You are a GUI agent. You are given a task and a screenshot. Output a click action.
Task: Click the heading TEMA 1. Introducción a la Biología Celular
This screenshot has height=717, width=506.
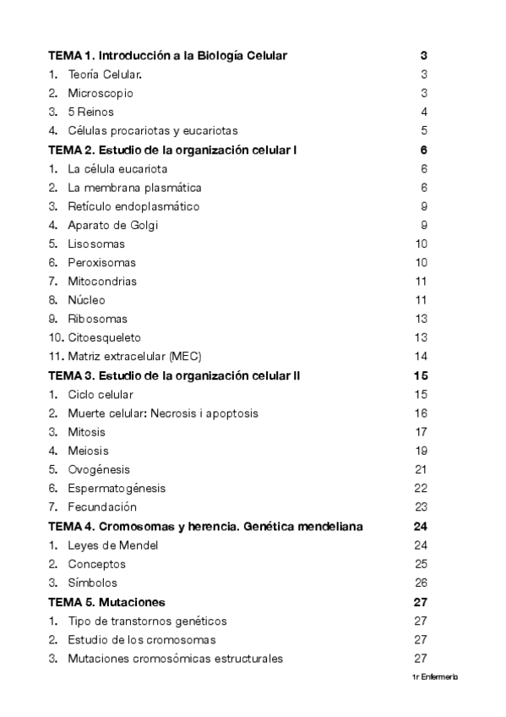(x=167, y=56)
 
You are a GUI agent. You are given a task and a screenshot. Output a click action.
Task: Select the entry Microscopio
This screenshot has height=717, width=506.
(x=101, y=93)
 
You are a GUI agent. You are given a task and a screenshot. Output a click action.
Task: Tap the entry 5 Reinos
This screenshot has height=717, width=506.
(x=91, y=112)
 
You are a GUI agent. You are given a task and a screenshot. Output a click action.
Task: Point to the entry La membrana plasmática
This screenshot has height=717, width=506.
(x=134, y=188)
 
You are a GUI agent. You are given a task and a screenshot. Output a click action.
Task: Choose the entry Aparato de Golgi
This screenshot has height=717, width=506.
(x=113, y=225)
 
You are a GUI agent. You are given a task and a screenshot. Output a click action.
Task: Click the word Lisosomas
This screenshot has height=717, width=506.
(x=96, y=244)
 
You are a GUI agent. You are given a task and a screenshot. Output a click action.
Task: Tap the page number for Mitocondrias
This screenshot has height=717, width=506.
(x=421, y=282)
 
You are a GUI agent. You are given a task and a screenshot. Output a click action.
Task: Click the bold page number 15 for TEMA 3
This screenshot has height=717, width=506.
(x=422, y=375)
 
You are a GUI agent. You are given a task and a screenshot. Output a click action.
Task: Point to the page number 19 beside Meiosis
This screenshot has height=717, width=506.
(x=421, y=451)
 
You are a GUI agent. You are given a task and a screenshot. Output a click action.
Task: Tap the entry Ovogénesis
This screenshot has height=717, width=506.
(x=99, y=469)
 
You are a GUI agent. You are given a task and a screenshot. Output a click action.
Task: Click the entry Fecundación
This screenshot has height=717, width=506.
(x=102, y=507)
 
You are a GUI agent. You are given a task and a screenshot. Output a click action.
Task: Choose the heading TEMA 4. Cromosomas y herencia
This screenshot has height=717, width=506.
(x=205, y=526)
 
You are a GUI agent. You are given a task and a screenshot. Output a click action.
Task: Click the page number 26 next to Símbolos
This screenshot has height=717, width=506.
(x=421, y=583)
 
